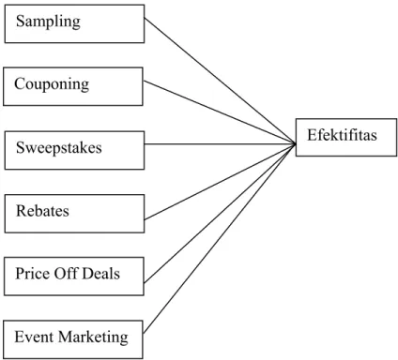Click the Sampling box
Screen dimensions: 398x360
pyautogui.click(x=74, y=23)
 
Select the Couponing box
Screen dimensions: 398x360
pyautogui.click(x=73, y=86)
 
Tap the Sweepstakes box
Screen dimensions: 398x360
pyautogui.click(x=74, y=150)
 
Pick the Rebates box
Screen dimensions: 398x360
pyautogui.click(x=74, y=214)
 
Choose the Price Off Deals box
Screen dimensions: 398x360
pyautogui.click(x=74, y=277)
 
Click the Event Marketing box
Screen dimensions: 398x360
pyautogui.click(x=73, y=339)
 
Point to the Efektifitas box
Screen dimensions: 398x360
pyautogui.click(x=346, y=137)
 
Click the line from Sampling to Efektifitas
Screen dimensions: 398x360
pyautogui.click(x=220, y=81)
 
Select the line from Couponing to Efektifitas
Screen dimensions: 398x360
pyautogui.click(x=220, y=112)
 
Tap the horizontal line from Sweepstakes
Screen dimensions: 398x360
pyautogui.click(x=220, y=144)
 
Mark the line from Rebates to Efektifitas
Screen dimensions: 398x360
pyautogui.click(x=220, y=182)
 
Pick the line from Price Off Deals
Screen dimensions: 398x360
pyautogui.click(x=220, y=214)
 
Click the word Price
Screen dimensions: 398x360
pyautogui.click(x=32, y=274)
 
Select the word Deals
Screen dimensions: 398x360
pyautogui.click(x=101, y=274)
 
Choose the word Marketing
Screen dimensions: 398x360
pyautogui.click(x=93, y=337)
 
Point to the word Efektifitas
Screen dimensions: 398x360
pyautogui.click(x=342, y=135)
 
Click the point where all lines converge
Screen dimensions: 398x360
pyautogui.click(x=296, y=144)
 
